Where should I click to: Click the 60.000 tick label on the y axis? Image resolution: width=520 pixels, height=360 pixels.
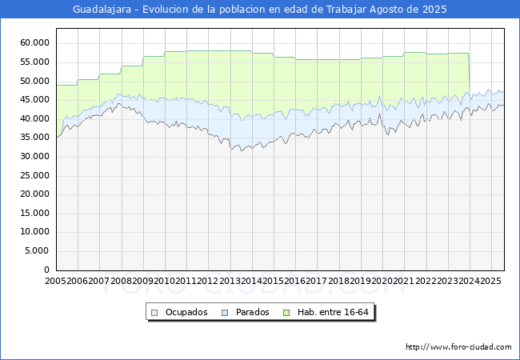point(34,42)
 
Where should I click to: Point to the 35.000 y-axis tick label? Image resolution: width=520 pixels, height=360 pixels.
point(34,138)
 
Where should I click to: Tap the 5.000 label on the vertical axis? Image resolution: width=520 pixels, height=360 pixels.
point(37,251)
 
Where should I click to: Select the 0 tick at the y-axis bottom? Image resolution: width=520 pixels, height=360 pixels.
point(46,270)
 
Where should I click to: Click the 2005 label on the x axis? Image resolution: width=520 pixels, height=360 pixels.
point(56,281)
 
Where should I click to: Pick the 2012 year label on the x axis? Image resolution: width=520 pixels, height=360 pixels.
point(208,281)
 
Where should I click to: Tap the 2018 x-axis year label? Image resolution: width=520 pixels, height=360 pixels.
point(339,281)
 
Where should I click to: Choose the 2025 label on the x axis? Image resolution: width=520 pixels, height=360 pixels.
point(491,281)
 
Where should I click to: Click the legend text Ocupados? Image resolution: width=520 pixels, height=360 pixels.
point(186,312)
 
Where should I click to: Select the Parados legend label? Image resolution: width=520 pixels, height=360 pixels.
point(252,312)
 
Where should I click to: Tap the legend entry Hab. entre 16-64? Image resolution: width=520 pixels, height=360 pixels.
point(333,312)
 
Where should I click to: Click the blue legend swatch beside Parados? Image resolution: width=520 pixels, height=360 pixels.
point(225,313)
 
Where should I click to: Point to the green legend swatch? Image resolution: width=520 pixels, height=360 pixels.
point(286,313)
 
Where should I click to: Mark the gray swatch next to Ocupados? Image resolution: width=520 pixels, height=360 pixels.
point(154,313)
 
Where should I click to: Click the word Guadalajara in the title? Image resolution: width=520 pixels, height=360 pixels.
point(102,10)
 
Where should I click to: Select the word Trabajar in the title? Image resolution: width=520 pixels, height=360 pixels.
point(346,10)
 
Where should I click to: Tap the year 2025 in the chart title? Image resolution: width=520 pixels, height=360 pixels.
point(434,10)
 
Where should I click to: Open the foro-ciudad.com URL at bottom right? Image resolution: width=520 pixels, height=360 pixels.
point(458,347)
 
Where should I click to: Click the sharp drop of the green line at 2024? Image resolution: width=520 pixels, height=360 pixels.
point(470,73)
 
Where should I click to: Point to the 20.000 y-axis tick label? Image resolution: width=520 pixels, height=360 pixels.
point(34,194)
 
